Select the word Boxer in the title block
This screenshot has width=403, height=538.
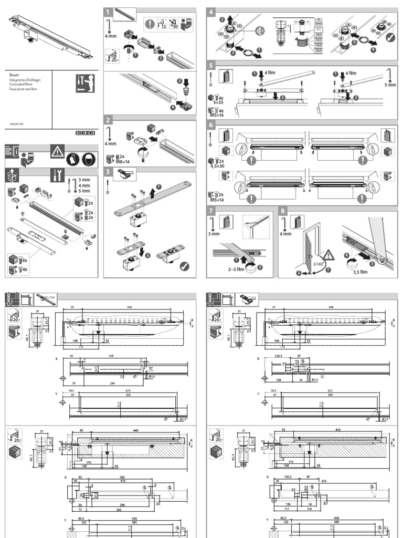(x=15, y=75)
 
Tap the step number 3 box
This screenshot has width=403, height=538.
(x=108, y=171)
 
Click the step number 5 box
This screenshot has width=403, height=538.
(x=211, y=66)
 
